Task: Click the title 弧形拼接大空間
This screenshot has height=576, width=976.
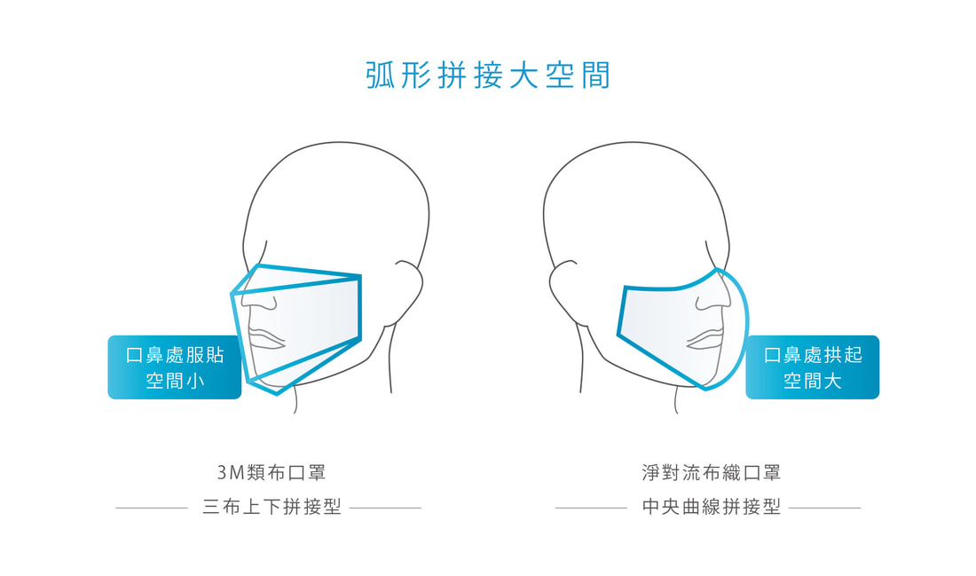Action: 488,75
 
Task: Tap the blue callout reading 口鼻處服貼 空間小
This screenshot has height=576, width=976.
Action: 174,367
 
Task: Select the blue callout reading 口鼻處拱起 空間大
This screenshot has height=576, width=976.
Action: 812,367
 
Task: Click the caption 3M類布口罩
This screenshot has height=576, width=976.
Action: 272,473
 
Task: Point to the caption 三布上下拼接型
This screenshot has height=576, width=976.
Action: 272,507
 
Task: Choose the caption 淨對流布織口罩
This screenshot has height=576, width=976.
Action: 712,473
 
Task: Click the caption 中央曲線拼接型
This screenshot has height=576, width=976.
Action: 712,507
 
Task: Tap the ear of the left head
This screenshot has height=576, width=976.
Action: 408,287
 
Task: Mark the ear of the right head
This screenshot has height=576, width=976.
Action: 564,287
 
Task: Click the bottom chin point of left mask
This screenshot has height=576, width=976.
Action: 277,393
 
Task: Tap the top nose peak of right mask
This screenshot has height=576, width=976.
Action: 717,270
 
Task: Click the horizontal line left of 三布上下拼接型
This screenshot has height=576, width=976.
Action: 151,509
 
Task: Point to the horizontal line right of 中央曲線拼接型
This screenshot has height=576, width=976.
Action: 825,509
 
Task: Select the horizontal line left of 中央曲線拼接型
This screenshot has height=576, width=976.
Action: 591,509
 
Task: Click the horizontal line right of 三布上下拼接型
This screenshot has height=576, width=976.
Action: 385,509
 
